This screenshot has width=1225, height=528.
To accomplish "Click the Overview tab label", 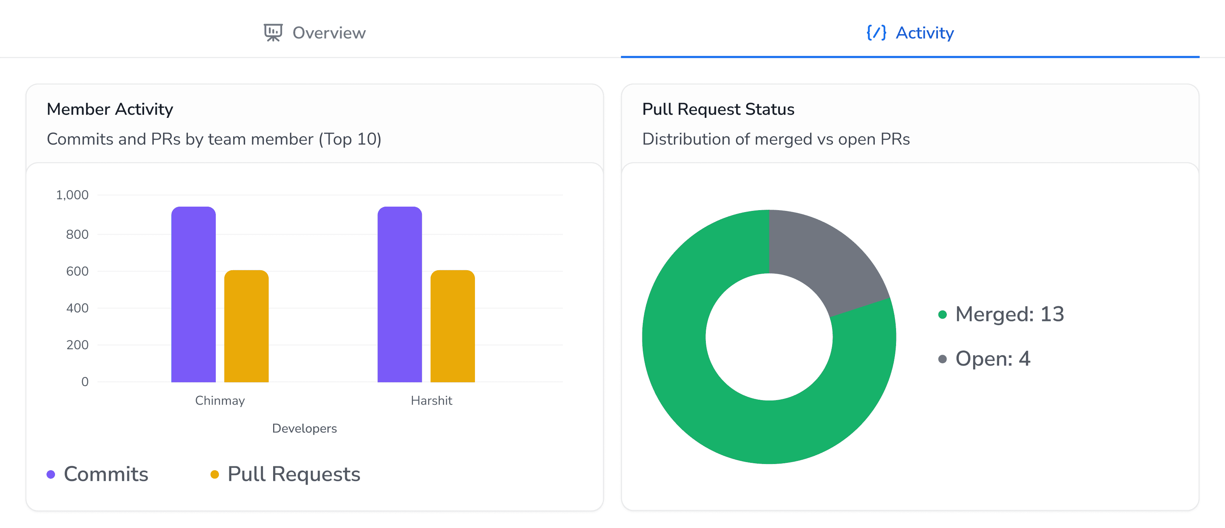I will point(329,33).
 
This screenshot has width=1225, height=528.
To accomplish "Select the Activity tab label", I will point(924,33).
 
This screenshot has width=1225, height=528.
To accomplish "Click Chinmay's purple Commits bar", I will point(193,295).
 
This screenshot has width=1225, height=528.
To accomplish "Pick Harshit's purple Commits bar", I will point(399,295).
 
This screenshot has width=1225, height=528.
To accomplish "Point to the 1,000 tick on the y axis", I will point(72,195).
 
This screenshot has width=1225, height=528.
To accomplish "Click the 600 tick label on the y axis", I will point(77,271).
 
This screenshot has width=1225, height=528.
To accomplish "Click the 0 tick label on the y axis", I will point(84,381).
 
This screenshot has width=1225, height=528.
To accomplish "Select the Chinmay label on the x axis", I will point(220,400).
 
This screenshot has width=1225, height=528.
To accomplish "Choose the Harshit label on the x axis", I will point(431,400).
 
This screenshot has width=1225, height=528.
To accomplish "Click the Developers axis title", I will point(305,428).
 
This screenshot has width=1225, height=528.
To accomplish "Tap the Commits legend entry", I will point(106,474).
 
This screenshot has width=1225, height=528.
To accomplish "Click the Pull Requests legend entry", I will point(293,474).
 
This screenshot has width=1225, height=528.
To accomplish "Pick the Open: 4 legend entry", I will point(992,359).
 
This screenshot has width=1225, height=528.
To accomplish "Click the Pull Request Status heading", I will point(718,109).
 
